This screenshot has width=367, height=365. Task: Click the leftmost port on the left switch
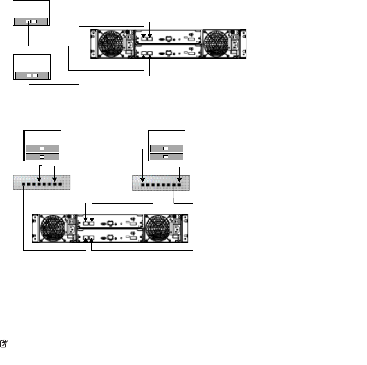point(24,184)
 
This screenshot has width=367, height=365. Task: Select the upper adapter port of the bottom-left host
point(42,149)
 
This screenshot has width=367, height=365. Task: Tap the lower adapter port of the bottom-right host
point(166,157)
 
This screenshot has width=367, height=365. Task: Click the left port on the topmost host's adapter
point(28,21)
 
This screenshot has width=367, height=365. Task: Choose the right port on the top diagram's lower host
point(35,75)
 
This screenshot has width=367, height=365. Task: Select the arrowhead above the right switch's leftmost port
point(143,180)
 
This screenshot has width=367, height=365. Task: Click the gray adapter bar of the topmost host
point(31,21)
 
